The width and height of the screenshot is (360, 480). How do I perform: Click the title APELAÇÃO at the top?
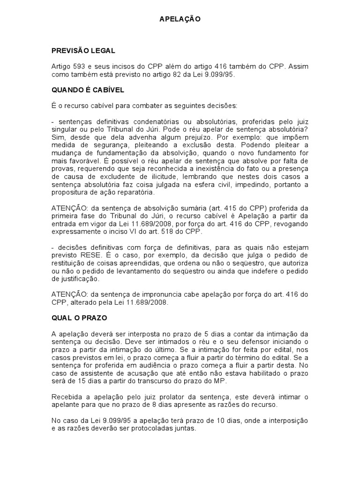[x=180, y=19]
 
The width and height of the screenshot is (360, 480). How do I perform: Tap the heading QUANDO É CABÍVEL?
[x=88, y=90]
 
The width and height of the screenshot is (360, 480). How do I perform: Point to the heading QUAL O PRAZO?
[x=79, y=318]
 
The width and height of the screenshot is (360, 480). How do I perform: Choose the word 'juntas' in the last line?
[x=182, y=428]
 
